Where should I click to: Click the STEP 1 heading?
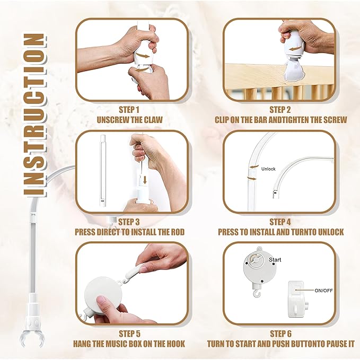(x=129, y=110)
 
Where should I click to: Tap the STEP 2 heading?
(x=280, y=110)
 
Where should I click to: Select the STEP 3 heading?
(x=129, y=222)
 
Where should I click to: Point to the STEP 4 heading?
(x=280, y=222)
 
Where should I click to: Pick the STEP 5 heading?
(x=129, y=333)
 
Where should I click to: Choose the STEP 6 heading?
(x=280, y=333)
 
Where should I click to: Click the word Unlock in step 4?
(x=268, y=169)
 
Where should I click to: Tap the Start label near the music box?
(x=275, y=260)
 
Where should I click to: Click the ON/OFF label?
(x=323, y=291)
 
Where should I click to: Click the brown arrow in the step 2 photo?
(x=295, y=48)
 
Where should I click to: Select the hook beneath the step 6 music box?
(x=256, y=294)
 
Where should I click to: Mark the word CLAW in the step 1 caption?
(x=153, y=120)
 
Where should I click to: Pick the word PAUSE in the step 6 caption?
(x=330, y=344)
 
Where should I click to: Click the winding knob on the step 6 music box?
(x=255, y=260)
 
